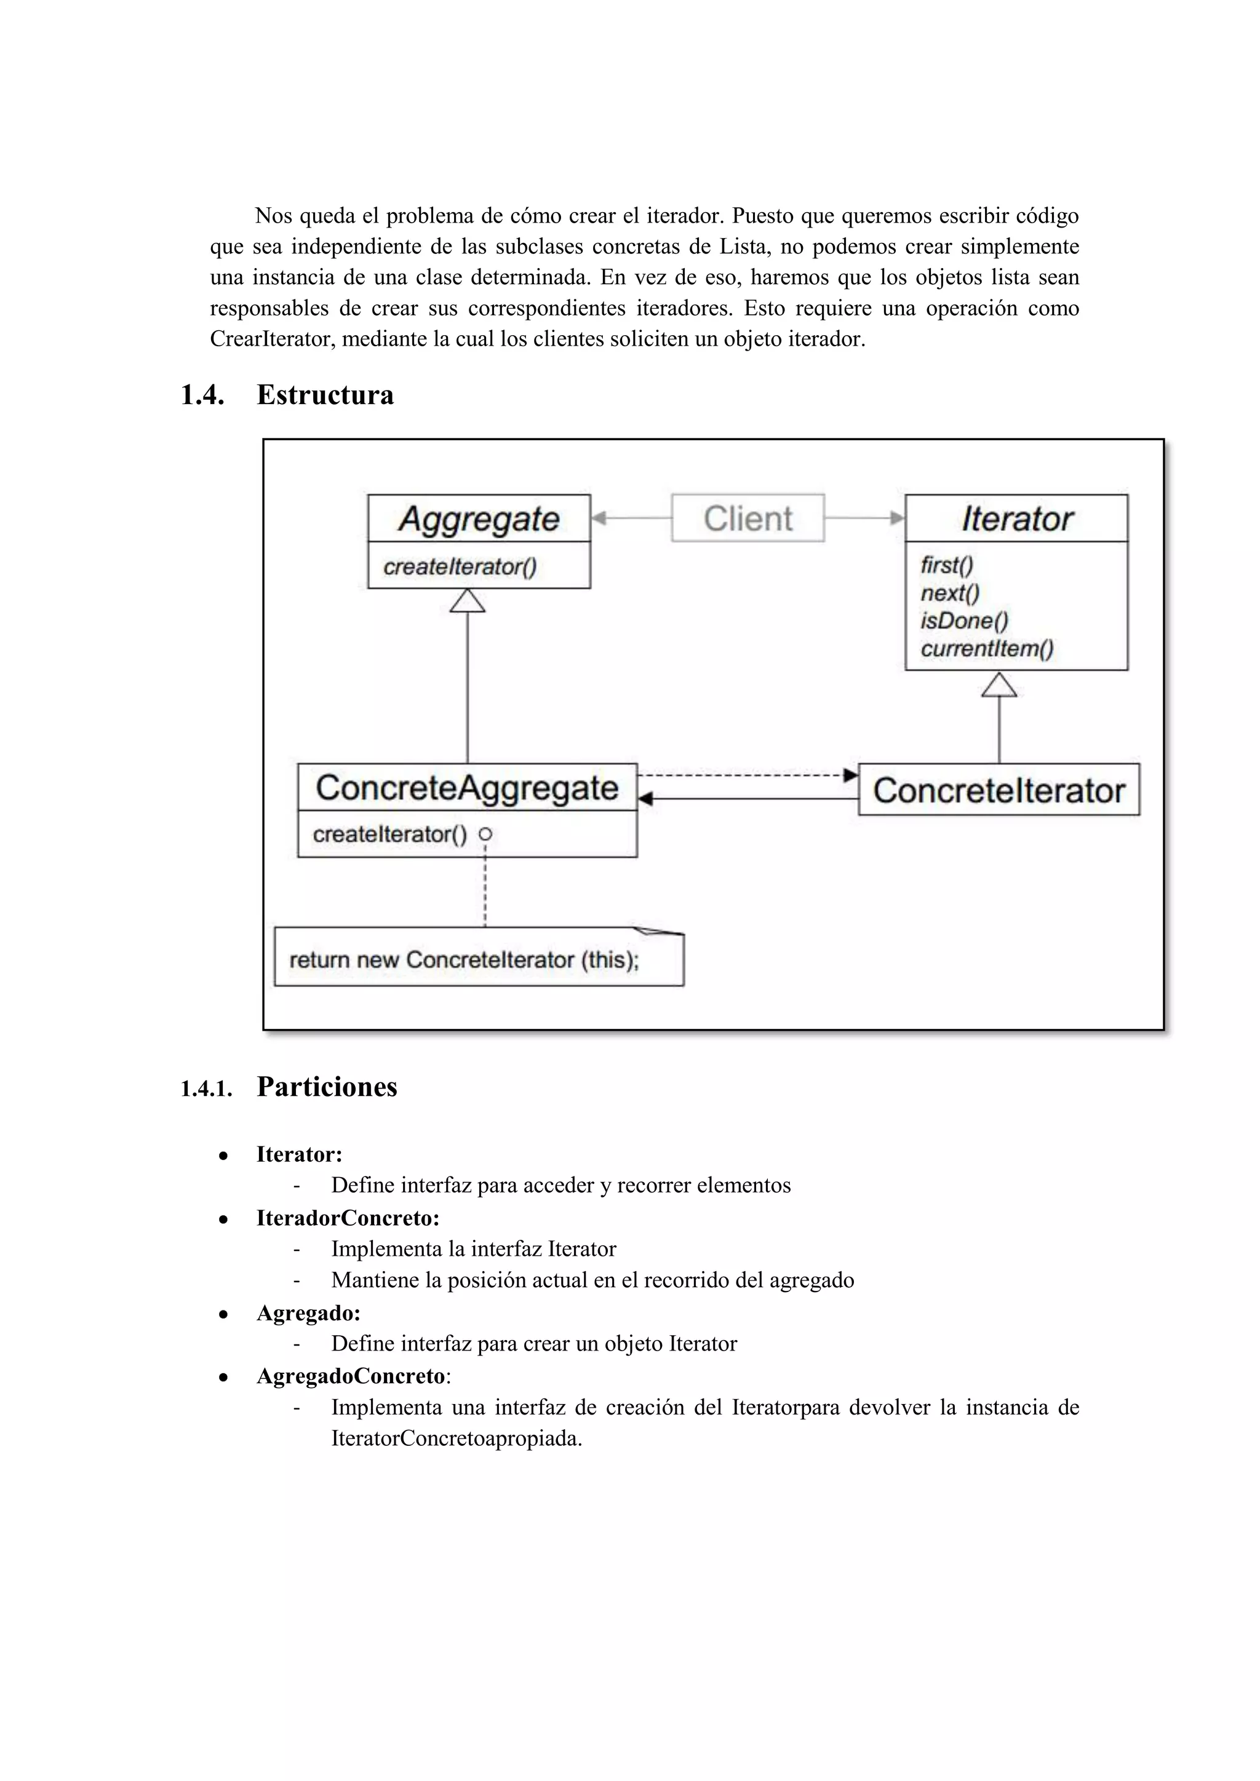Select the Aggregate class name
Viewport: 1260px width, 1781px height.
click(x=479, y=519)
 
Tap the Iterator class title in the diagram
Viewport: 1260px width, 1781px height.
click(x=1016, y=519)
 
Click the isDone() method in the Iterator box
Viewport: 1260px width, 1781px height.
click(x=963, y=621)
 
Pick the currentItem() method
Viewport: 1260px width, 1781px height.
click(x=986, y=648)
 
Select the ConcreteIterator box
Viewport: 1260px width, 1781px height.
click(x=999, y=790)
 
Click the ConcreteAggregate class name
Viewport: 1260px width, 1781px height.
click(x=467, y=788)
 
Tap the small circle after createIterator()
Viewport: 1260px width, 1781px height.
click(x=485, y=835)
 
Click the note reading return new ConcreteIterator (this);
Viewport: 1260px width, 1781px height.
click(x=479, y=959)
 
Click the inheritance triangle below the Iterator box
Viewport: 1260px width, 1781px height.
click(x=999, y=685)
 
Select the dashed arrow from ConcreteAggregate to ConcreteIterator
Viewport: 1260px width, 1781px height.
click(x=745, y=775)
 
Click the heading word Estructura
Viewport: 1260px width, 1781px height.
click(x=324, y=395)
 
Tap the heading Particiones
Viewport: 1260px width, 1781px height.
click(x=327, y=1087)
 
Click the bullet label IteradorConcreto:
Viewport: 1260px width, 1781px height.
click(x=348, y=1218)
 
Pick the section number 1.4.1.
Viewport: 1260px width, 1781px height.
click(x=205, y=1089)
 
